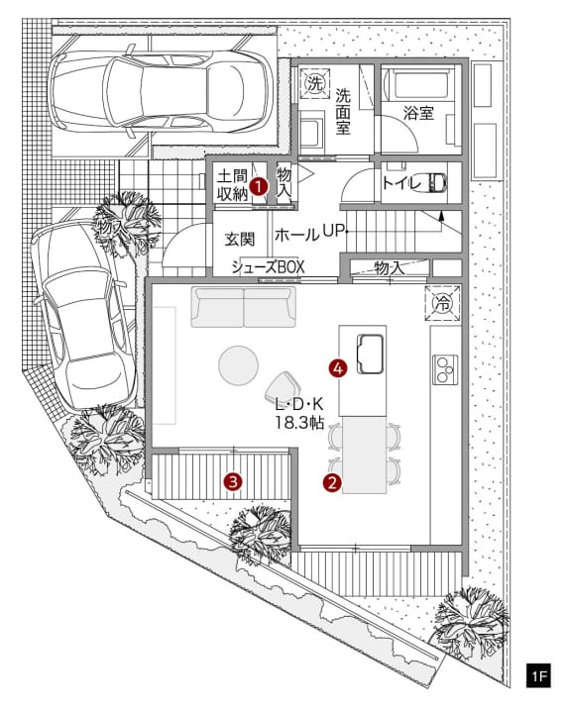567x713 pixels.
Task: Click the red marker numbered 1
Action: [x=259, y=186]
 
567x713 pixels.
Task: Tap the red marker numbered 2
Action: [x=332, y=482]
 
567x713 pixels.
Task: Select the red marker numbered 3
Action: [x=233, y=481]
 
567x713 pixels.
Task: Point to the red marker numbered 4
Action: [x=338, y=368]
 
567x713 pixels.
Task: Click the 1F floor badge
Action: [x=538, y=675]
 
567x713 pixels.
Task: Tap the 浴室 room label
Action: [x=418, y=113]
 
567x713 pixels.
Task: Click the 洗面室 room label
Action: [x=343, y=111]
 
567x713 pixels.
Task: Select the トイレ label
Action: [x=401, y=183]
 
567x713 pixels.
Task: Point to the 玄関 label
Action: [x=240, y=240]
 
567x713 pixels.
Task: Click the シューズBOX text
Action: [x=268, y=267]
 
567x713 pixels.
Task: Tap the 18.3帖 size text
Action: [x=299, y=423]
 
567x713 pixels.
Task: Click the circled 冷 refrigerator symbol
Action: [x=442, y=303]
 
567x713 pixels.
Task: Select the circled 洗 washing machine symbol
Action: [x=315, y=83]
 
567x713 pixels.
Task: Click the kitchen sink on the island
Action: [x=370, y=355]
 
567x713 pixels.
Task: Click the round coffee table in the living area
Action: [x=239, y=365]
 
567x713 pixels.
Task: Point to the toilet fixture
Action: [x=436, y=183]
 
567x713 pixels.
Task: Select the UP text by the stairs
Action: [x=333, y=232]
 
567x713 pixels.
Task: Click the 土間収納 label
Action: [x=232, y=184]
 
